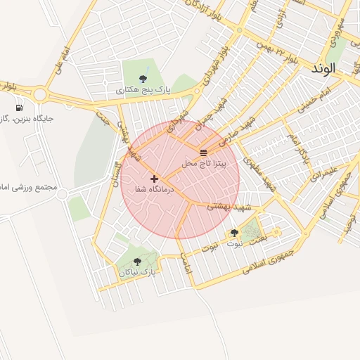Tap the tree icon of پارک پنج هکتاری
143,78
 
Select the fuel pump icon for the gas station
18,108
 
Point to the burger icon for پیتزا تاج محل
203,152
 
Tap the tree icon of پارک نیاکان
137,262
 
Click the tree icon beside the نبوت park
234,233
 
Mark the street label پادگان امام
300,148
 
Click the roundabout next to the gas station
39,95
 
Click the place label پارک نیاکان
137,271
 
